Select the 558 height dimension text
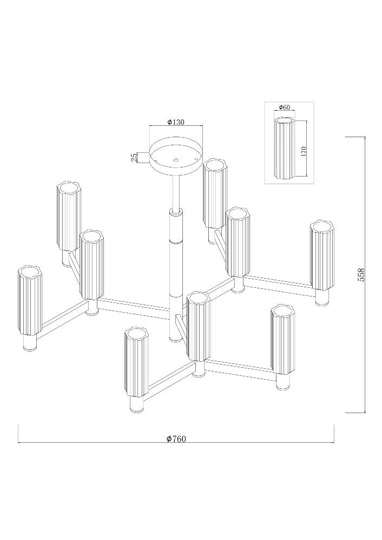[x=361, y=275]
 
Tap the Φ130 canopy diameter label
[x=176, y=122]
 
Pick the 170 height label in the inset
[x=304, y=151]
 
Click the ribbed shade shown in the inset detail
[x=285, y=148]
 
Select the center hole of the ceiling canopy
[x=176, y=160]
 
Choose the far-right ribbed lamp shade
[x=322, y=255]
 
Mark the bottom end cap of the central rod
[x=176, y=339]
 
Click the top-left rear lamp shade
[x=69, y=217]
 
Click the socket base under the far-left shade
[x=30, y=343]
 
